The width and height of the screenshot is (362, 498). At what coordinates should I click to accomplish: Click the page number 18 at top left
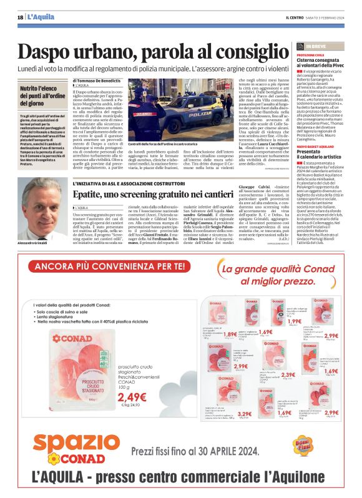coord(21,17)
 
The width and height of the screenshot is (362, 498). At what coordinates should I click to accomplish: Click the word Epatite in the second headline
coord(92,195)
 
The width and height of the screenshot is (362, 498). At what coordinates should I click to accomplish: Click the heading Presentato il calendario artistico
coord(317,154)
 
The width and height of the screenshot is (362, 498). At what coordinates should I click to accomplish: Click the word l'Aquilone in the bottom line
coord(308,482)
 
